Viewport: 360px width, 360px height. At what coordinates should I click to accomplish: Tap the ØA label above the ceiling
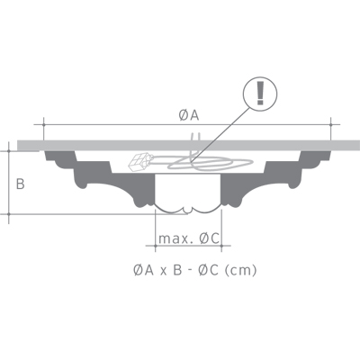(x=188, y=113)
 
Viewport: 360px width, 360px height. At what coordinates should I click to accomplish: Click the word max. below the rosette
(x=172, y=238)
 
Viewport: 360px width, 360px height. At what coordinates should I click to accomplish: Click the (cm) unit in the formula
(x=239, y=269)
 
